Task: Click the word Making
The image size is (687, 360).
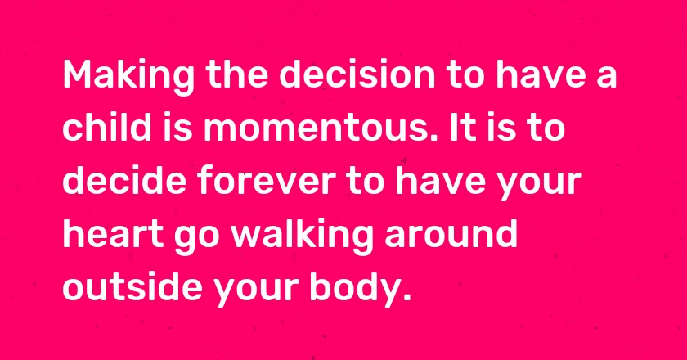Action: coord(128,77)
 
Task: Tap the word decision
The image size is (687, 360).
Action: coord(357,74)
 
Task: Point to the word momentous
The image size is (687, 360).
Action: coord(316,129)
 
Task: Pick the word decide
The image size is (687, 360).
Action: coord(125,180)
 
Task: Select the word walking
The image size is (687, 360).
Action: coord(303,236)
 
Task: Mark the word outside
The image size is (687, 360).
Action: coord(132,286)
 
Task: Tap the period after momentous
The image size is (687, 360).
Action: coord(433,137)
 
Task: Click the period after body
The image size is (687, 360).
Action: coord(406,297)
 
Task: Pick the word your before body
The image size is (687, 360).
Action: coord(256,290)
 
